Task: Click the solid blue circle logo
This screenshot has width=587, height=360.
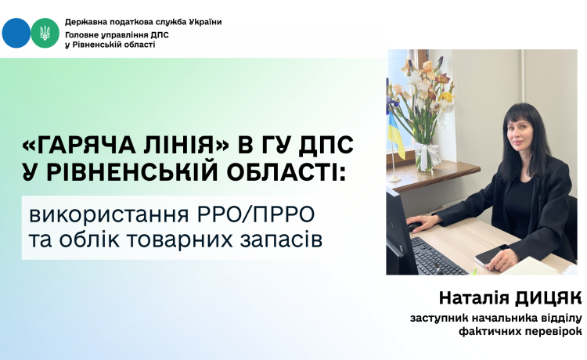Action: coord(16,33)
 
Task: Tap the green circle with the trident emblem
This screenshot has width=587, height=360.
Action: coord(45,33)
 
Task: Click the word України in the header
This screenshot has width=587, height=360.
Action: coord(205,22)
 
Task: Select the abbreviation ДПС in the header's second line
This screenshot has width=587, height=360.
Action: coord(160,35)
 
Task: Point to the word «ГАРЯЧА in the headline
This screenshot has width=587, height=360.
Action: coord(78,145)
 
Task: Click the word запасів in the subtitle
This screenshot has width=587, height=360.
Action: coord(281,240)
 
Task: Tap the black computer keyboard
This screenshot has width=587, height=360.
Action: coord(438,257)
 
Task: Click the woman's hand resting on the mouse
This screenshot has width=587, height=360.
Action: coord(423,224)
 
